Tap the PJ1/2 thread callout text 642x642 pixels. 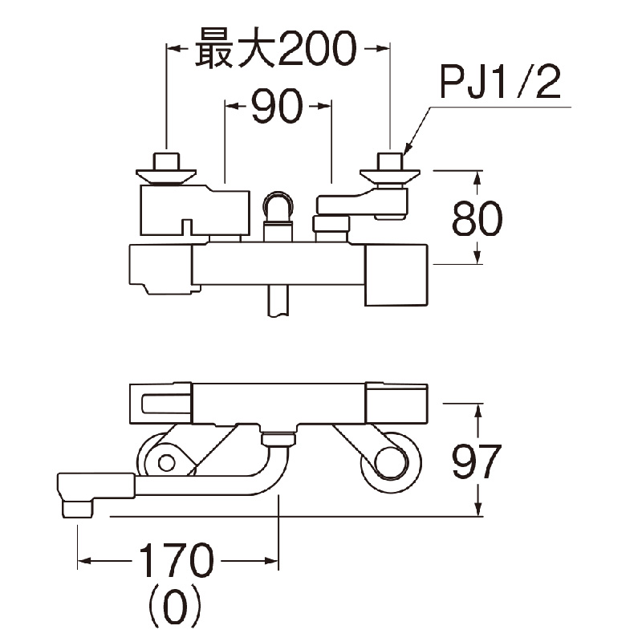pos(499,83)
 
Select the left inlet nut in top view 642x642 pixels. pos(165,168)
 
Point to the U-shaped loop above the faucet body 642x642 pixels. pos(278,208)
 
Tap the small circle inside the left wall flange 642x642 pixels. pos(166,462)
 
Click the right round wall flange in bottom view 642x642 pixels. pos(389,461)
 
